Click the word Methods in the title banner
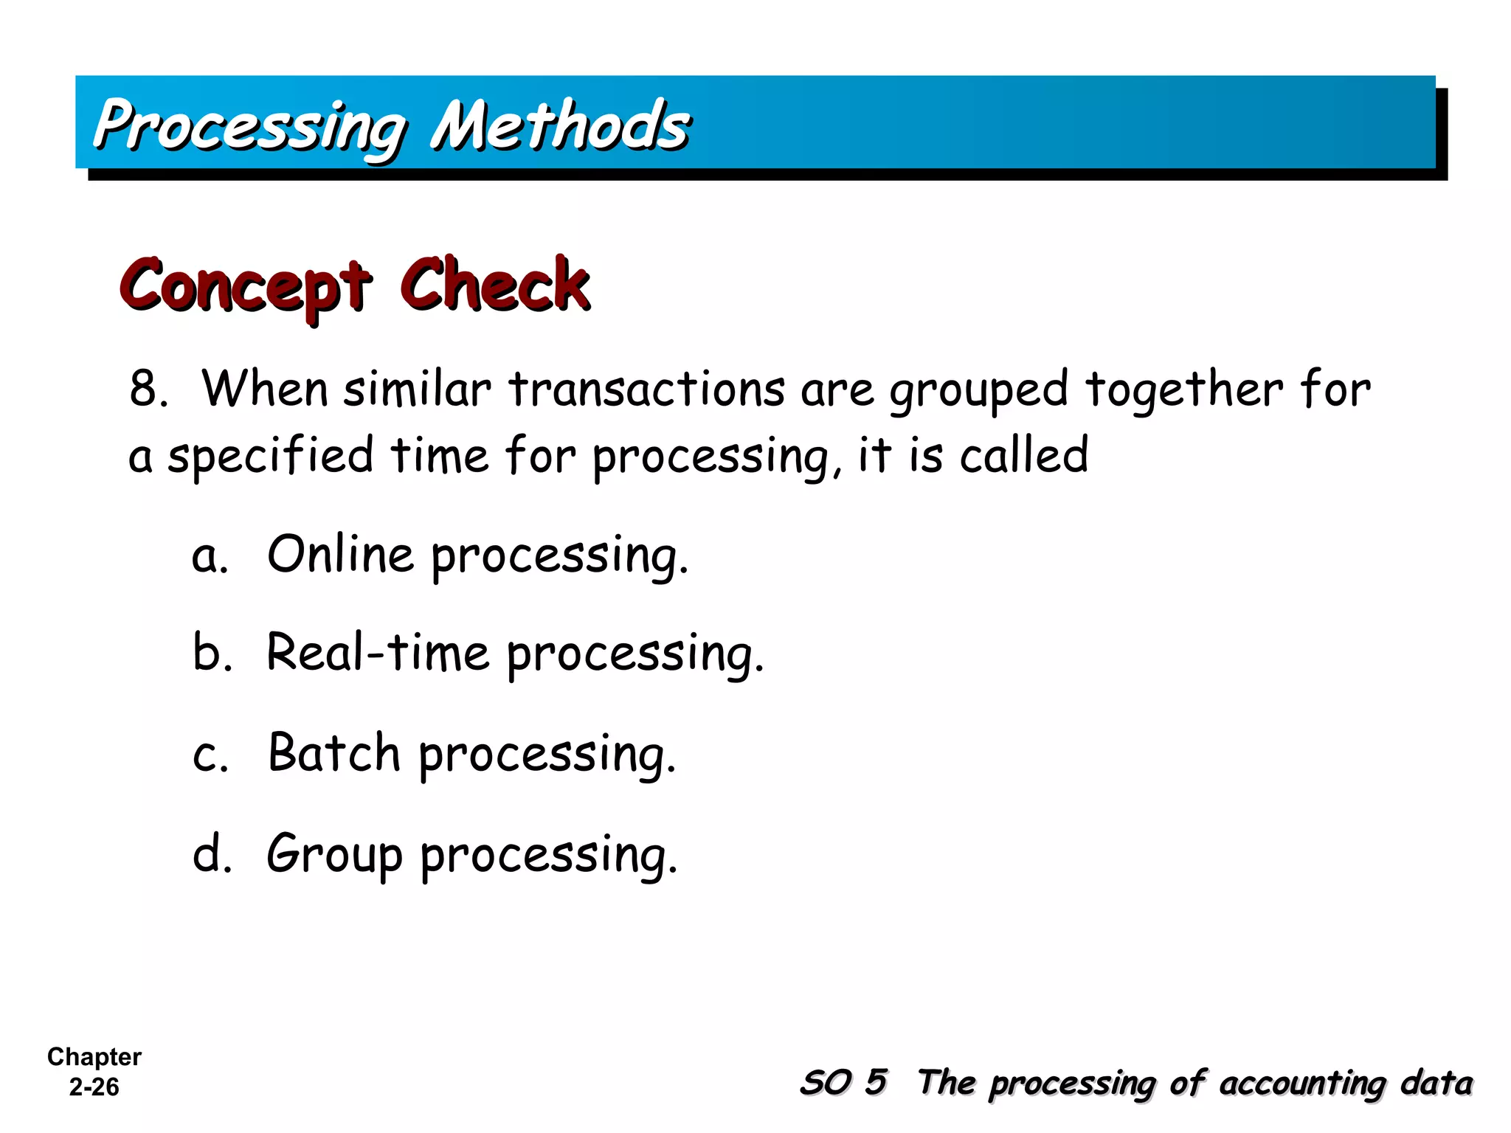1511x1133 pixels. point(561,125)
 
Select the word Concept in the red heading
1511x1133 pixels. point(246,286)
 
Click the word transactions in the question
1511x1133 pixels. point(647,389)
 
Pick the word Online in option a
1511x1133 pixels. point(340,554)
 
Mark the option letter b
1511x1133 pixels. point(212,652)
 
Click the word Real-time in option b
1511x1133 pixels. point(377,653)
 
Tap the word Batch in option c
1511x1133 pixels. point(333,753)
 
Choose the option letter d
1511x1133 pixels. point(212,853)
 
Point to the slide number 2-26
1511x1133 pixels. point(94,1087)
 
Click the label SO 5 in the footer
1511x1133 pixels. point(843,1083)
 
